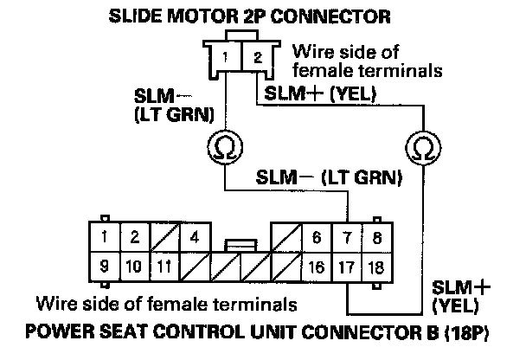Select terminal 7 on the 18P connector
coord(348,236)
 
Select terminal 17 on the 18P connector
coord(348,266)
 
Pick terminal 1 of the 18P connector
coord(105,236)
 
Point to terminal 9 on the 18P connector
coord(105,266)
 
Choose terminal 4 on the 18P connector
coord(196,236)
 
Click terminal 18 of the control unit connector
coord(376,266)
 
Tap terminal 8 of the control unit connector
coord(376,236)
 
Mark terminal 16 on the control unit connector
coord(318,266)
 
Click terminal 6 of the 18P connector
coord(318,236)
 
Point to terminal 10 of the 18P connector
coord(134,266)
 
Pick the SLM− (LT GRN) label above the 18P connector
coord(331,179)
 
